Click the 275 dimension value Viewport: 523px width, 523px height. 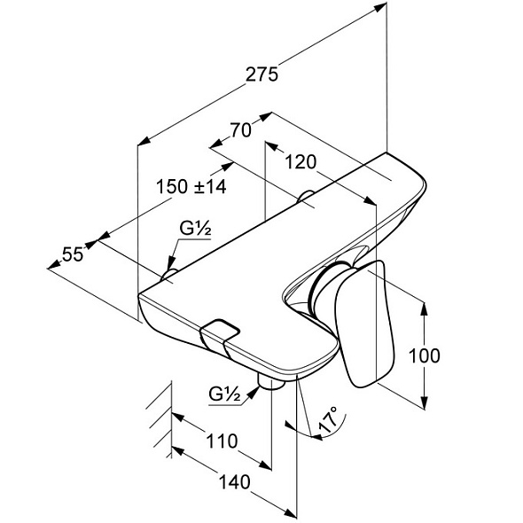[261, 74]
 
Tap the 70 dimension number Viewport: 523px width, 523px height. [240, 130]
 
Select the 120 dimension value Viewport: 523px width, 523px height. [301, 162]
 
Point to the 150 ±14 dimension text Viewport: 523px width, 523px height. [191, 186]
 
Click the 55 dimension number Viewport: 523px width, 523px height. [73, 254]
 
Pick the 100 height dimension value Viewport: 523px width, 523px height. [424, 355]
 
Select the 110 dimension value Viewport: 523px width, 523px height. [222, 441]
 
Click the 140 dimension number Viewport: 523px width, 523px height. [234, 482]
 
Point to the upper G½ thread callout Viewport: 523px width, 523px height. [195, 229]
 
